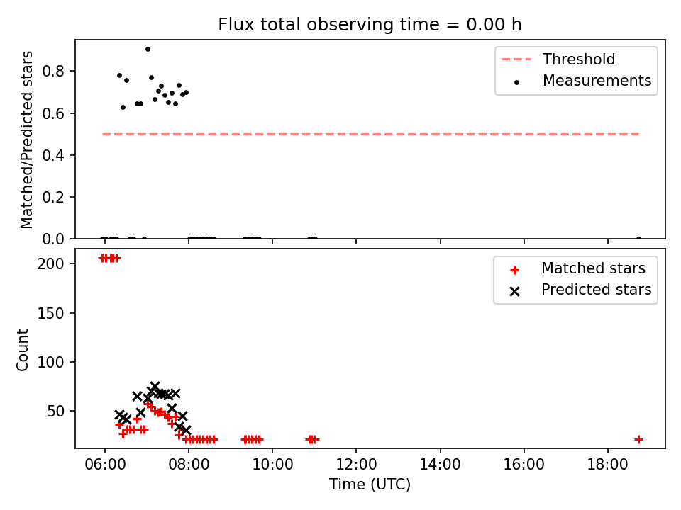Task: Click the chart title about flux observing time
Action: [370, 25]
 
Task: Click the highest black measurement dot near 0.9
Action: [148, 50]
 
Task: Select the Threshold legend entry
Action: [558, 59]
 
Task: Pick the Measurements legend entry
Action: [582, 81]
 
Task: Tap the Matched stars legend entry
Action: [577, 268]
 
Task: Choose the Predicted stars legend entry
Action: [580, 290]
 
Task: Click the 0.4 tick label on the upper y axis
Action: [53, 155]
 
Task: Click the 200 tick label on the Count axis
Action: [50, 263]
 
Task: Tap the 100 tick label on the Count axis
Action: [50, 362]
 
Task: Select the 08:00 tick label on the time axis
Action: [189, 465]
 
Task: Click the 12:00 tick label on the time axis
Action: [356, 465]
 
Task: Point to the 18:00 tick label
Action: [608, 465]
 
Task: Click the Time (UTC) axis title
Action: [370, 484]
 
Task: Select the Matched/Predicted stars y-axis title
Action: [26, 140]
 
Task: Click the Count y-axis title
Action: [22, 350]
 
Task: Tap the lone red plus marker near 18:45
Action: [638, 440]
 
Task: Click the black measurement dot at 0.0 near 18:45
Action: [638, 239]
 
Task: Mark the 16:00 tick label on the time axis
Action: [524, 465]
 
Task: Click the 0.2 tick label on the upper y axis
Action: [53, 197]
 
